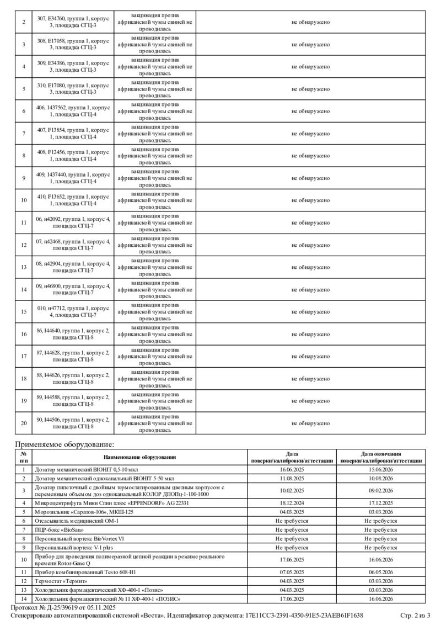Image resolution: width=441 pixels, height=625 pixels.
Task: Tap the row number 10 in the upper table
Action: pyautogui.click(x=24, y=200)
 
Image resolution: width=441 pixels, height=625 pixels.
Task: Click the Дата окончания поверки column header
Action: pyautogui.click(x=381, y=457)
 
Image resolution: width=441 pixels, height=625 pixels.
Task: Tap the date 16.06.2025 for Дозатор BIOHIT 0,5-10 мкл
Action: pyautogui.click(x=292, y=469)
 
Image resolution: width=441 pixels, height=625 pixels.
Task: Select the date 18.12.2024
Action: pyautogui.click(x=292, y=503)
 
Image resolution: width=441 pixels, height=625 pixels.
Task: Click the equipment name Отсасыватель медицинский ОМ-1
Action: pyautogui.click(x=77, y=521)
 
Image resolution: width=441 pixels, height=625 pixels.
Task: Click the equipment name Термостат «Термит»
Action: pyautogui.click(x=61, y=581)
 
